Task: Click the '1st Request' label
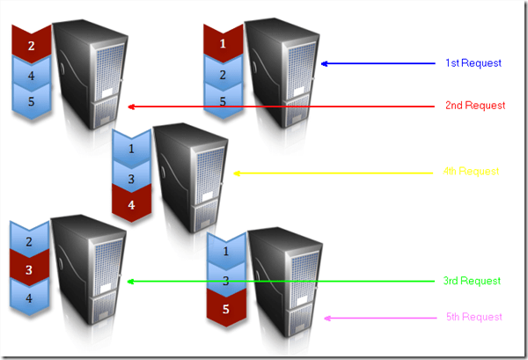[473, 63]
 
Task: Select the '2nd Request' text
[474, 106]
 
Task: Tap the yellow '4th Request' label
[472, 172]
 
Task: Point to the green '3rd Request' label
[472, 281]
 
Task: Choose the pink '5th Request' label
[473, 317]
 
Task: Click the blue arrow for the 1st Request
[378, 63]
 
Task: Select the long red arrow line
[282, 107]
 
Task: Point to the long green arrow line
[282, 282]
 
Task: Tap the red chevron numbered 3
[28, 269]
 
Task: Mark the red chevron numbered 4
[131, 204]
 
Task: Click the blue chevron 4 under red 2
[32, 76]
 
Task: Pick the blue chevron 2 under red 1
[223, 74]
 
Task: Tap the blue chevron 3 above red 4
[131, 178]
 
